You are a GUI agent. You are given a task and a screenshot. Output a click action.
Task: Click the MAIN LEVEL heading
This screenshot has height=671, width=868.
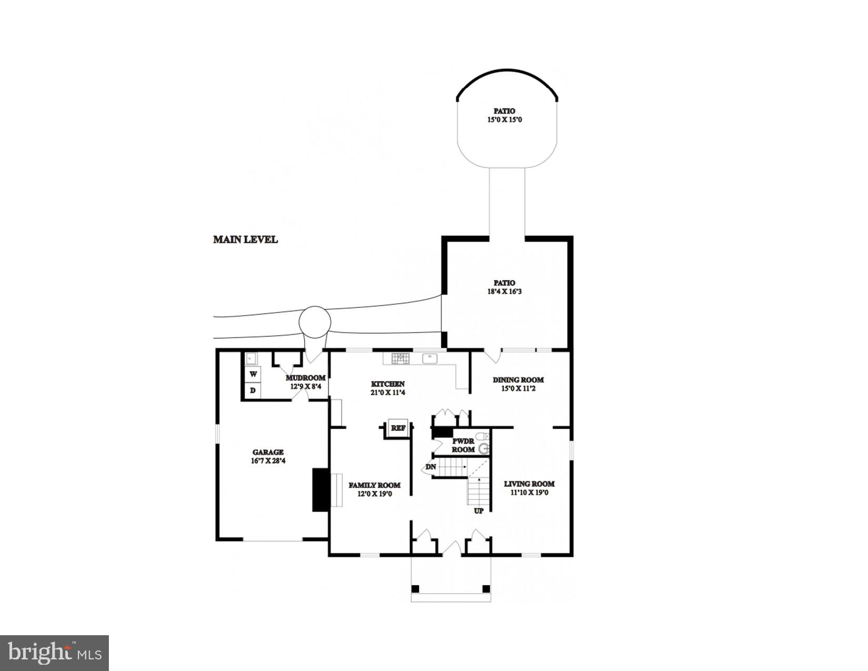[245, 239]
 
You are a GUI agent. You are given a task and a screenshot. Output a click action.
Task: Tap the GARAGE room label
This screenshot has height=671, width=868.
[268, 452]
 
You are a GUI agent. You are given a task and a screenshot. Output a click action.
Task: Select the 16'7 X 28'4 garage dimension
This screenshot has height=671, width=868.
[268, 461]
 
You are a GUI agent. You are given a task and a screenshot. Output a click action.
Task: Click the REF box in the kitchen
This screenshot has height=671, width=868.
[398, 428]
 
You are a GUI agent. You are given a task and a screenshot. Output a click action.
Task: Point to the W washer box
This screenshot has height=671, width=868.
[253, 374]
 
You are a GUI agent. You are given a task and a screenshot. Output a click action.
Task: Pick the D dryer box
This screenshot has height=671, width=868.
[253, 390]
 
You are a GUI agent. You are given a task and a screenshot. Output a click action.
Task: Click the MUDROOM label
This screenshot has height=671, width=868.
[305, 378]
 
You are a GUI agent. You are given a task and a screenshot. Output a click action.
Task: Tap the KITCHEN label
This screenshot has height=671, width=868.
[388, 384]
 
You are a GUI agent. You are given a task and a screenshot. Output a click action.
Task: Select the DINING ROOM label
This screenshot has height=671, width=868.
[518, 380]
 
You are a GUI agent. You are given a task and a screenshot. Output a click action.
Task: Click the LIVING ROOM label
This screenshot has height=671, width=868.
[529, 484]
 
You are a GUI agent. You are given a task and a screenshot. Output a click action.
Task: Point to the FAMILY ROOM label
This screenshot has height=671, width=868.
[375, 485]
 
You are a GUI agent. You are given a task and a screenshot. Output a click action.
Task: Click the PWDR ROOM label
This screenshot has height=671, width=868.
[463, 445]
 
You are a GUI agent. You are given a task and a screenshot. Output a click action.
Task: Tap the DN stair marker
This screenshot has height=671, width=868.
[431, 467]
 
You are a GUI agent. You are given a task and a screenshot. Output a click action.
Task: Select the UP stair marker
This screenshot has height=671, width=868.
[479, 510]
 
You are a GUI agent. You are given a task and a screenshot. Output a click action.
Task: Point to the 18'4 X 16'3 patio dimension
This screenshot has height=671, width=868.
[504, 291]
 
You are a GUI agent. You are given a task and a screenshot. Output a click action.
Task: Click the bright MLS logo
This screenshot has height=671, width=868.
[55, 653]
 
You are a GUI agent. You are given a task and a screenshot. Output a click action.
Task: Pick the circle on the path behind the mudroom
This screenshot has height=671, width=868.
[315, 322]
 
